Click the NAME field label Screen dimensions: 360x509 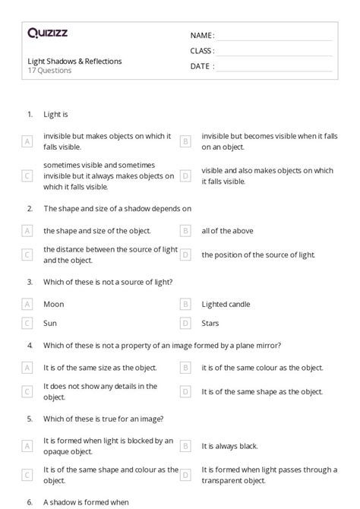[202, 36]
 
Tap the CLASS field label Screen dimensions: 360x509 [202, 51]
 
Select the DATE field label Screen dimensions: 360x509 [202, 66]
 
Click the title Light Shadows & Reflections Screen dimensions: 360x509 [74, 62]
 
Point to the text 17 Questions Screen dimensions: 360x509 [49, 71]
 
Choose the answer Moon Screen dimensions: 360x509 [54, 304]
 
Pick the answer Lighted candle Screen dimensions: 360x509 [226, 304]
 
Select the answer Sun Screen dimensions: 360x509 [50, 324]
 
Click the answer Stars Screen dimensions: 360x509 [210, 324]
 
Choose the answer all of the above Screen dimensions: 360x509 [227, 230]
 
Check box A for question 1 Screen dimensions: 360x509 [27, 141]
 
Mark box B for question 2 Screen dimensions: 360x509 [185, 230]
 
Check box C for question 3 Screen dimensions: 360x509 [27, 324]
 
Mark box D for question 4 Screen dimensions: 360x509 [185, 391]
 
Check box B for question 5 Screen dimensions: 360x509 [185, 445]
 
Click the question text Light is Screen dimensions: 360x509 [56, 114]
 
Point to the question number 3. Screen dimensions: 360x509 [30, 282]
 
